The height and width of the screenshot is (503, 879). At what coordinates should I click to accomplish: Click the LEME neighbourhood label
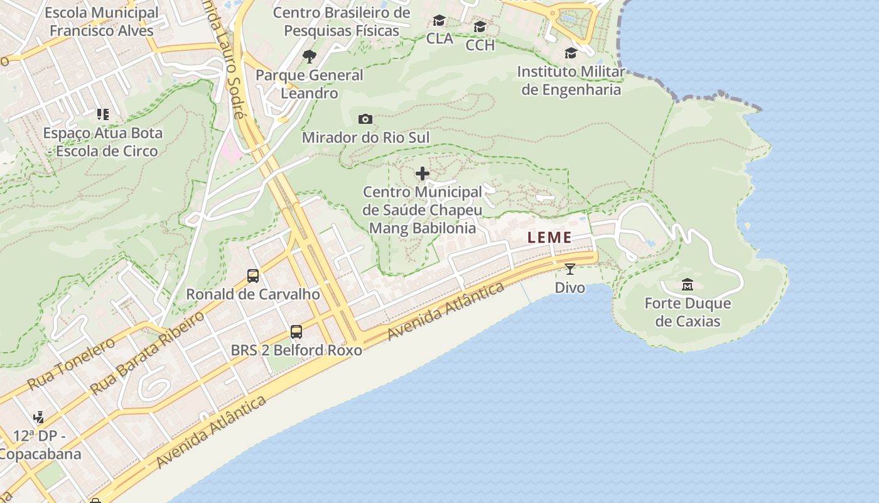coord(549,238)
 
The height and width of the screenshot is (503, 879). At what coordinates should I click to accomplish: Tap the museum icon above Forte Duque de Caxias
coord(688,285)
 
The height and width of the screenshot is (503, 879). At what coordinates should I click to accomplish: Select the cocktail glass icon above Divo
coord(569,269)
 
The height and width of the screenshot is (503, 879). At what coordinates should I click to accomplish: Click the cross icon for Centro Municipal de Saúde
coord(423,174)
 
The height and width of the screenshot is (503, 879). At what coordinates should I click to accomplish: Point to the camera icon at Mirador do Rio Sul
coord(365,119)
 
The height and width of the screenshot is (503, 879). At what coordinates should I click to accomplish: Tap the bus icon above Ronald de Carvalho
coord(253,275)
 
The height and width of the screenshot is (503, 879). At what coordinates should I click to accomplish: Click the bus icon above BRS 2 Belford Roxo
coord(296,331)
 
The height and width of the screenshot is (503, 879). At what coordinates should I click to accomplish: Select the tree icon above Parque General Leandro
coord(309,57)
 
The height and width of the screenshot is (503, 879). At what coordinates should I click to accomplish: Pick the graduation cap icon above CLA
coord(439,21)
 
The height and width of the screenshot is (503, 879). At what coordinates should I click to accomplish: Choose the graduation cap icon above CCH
coord(480,26)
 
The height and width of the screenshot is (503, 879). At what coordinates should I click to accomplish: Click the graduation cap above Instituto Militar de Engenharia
coord(571,53)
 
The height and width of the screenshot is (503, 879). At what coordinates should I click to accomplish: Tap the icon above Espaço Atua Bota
coord(102,114)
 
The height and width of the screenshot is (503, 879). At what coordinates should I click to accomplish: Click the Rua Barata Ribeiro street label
coord(148,352)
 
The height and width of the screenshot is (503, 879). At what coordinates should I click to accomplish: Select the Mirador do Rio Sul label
coord(365,137)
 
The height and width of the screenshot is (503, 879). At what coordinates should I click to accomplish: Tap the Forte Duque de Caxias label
coord(688,312)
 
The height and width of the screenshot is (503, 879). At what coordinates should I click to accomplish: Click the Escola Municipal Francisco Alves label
coord(102,21)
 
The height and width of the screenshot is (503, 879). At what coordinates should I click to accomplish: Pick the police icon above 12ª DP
coord(39,417)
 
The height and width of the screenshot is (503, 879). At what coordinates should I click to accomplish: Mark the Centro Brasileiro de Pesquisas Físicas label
coord(342,21)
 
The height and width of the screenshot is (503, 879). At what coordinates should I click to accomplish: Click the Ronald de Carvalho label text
coord(253,294)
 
